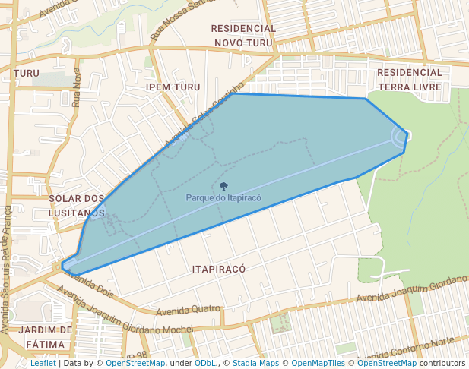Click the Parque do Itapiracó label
(223, 197)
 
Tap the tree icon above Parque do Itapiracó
(223, 186)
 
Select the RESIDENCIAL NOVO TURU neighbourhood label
(243, 36)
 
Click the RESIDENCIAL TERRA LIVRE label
(409, 79)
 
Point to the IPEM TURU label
(173, 87)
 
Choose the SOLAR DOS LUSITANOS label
(76, 205)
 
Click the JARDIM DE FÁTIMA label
(46, 337)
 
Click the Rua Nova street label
(76, 87)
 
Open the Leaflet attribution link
(43, 364)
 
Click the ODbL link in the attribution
(205, 364)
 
